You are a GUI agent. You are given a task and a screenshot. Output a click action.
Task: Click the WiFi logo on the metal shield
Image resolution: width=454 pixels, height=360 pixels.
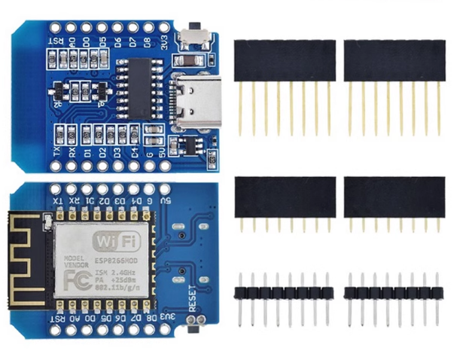[x=114, y=243]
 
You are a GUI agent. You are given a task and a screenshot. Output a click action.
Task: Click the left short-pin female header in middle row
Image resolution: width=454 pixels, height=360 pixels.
[x=284, y=194]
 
